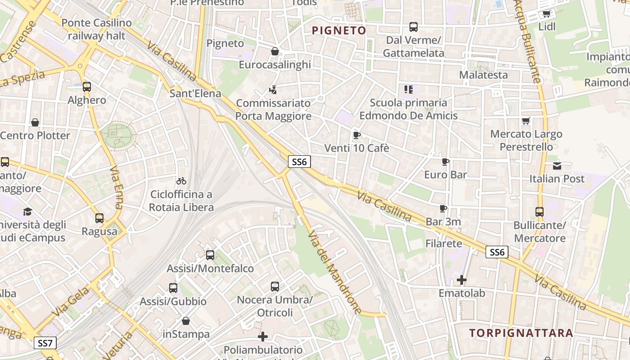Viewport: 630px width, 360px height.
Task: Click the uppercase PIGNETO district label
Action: pyautogui.click(x=339, y=31)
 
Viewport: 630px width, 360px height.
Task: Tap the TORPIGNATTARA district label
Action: pyautogui.click(x=521, y=333)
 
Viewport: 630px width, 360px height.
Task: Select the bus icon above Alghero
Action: pyautogui.click(x=87, y=87)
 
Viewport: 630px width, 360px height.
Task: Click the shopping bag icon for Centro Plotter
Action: pyautogui.click(x=35, y=122)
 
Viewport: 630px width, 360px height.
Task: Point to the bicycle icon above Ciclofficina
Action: pyautogui.click(x=181, y=181)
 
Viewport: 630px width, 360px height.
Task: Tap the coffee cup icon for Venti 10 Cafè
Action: pyautogui.click(x=357, y=135)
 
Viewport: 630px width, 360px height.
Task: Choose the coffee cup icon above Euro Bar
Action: pyautogui.click(x=445, y=162)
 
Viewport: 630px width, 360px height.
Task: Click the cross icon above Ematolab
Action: pyautogui.click(x=462, y=280)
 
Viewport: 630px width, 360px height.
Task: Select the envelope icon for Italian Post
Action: pyautogui.click(x=557, y=166)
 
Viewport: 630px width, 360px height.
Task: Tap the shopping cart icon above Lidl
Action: pyautogui.click(x=547, y=13)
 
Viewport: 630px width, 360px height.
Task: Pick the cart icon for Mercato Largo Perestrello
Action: pyautogui.click(x=526, y=121)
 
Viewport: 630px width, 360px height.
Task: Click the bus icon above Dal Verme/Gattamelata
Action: pyautogui.click(x=414, y=27)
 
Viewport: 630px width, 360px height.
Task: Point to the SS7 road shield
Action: pyautogui.click(x=45, y=343)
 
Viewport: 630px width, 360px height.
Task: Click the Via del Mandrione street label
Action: pyautogui.click(x=335, y=273)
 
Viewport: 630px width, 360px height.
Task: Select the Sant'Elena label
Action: pyautogui.click(x=195, y=94)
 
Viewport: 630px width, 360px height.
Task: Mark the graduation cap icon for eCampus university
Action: pyautogui.click(x=28, y=211)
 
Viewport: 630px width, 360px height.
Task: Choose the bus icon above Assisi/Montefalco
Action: pyautogui.click(x=210, y=255)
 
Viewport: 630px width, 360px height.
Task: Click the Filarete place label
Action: pyautogui.click(x=444, y=243)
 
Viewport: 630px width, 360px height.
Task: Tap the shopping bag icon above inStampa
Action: pyautogui.click(x=186, y=321)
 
